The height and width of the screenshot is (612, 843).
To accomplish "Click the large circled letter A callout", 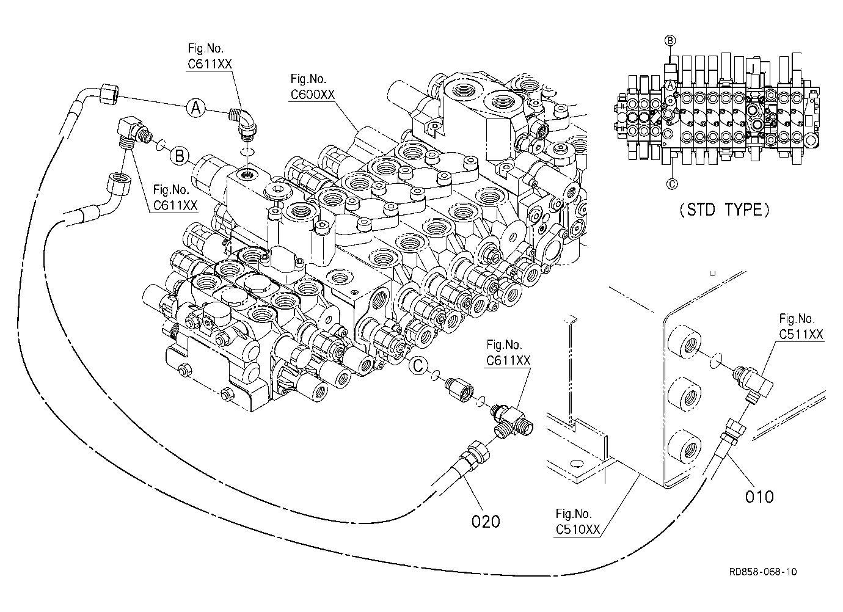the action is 195,108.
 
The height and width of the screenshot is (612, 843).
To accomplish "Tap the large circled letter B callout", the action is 180,156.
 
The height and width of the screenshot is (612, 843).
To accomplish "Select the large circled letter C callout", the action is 418,365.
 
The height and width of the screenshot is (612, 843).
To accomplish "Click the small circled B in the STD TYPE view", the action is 670,41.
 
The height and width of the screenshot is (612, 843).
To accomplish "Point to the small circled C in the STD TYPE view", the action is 672,184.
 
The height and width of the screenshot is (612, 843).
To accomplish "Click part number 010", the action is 759,497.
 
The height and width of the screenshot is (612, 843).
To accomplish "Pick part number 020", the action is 486,521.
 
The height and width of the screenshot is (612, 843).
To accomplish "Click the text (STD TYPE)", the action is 724,209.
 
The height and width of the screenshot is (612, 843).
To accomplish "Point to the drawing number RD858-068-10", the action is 763,572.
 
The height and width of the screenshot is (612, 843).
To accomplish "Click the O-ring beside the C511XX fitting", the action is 715,360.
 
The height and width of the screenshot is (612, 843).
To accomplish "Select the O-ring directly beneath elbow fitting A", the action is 247,152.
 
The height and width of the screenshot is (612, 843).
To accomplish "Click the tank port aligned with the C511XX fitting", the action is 685,343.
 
